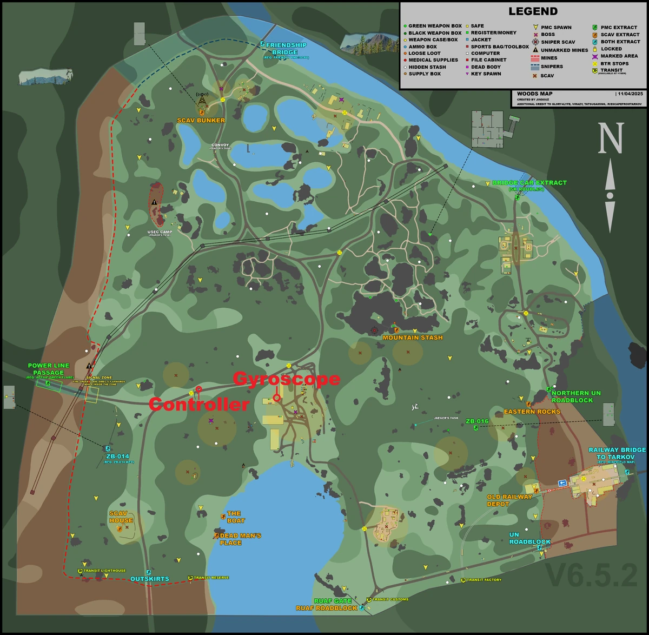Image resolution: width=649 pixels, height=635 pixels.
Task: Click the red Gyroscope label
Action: coord(287,379)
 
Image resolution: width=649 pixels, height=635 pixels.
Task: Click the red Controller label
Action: coord(199,404)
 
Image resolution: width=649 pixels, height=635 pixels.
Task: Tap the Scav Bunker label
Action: coord(201,120)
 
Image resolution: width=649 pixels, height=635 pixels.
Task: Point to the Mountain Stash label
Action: coord(413,338)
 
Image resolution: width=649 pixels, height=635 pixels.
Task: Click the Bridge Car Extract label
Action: coord(529,183)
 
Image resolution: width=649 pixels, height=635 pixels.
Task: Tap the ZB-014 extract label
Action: coord(118,457)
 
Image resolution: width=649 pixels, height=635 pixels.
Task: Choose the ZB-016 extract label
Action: coord(477,421)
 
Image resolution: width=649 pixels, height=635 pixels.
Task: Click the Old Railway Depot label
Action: coord(509,500)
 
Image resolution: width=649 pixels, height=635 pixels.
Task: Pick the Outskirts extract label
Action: coord(150,579)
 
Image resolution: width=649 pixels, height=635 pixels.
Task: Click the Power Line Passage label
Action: coord(49,369)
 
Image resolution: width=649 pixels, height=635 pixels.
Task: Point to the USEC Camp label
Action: coord(160,232)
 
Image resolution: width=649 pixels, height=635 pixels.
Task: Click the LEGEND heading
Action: coord(533,11)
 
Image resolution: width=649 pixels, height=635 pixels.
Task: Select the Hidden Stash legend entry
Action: coord(427,67)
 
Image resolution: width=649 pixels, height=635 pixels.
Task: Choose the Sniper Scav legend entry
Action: coord(558,42)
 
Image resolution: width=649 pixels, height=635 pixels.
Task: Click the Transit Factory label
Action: coord(484,580)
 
